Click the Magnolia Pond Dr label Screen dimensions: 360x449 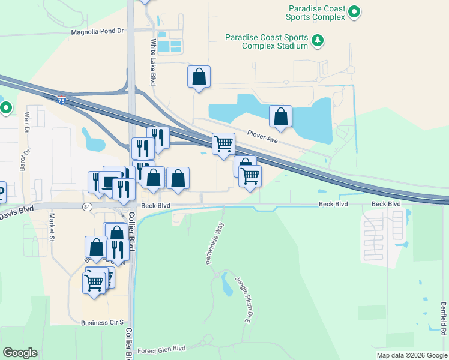[x=97, y=31]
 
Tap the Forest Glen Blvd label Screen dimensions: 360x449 [x=161, y=349]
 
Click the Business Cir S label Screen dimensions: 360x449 [x=102, y=323]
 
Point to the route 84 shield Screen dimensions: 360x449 [x=88, y=206]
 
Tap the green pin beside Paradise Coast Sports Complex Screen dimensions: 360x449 [x=354, y=11]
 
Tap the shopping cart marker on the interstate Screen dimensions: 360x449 [x=223, y=144]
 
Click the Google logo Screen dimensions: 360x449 [x=20, y=353]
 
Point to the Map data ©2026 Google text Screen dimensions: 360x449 [x=411, y=355]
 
